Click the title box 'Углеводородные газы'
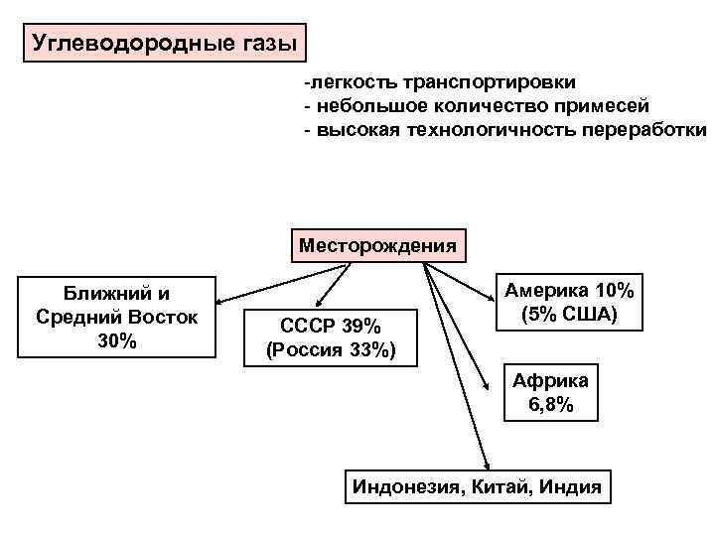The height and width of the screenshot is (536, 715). [x=165, y=44]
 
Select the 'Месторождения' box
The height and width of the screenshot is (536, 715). [x=378, y=243]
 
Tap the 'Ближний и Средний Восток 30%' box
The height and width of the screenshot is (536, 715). [x=117, y=317]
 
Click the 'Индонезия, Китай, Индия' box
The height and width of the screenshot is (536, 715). [x=477, y=487]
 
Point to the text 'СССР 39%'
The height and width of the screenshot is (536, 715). [x=331, y=327]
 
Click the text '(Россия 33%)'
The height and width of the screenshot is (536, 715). [x=331, y=349]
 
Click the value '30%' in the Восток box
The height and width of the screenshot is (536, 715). [x=117, y=341]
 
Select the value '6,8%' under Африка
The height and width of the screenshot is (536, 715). [x=551, y=405]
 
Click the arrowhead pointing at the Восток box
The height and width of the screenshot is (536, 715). [x=222, y=302]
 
